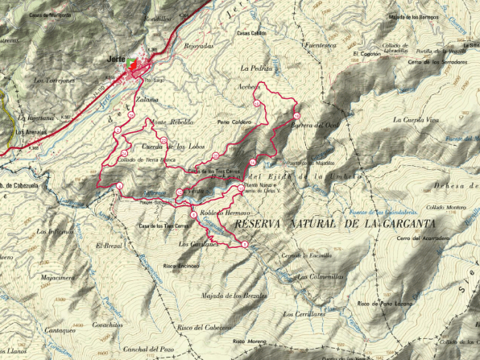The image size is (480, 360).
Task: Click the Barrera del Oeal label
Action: point(314,126)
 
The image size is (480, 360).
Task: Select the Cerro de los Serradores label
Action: point(437,63)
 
